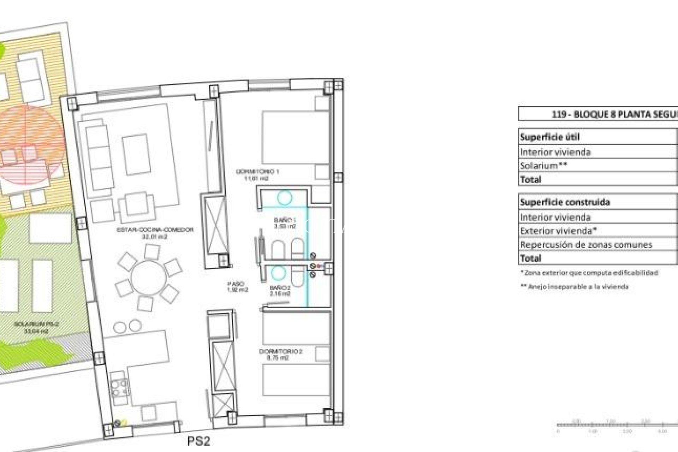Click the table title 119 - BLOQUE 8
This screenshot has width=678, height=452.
614,114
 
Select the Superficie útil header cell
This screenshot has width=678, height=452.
550,137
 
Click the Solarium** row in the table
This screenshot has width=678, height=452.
543,166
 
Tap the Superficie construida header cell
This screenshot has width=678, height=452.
565,202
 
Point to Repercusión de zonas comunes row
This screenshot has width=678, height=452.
586,244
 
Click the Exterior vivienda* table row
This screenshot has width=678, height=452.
558,231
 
